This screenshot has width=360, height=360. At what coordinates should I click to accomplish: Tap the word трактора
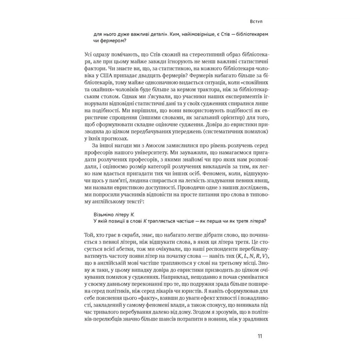206,89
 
